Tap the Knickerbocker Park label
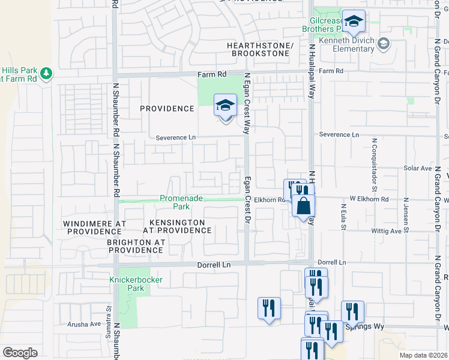click(127, 284)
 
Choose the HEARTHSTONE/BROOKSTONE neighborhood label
click(260, 50)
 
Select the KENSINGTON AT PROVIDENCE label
click(176, 226)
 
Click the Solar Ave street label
click(415, 169)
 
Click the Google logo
click(20, 353)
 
